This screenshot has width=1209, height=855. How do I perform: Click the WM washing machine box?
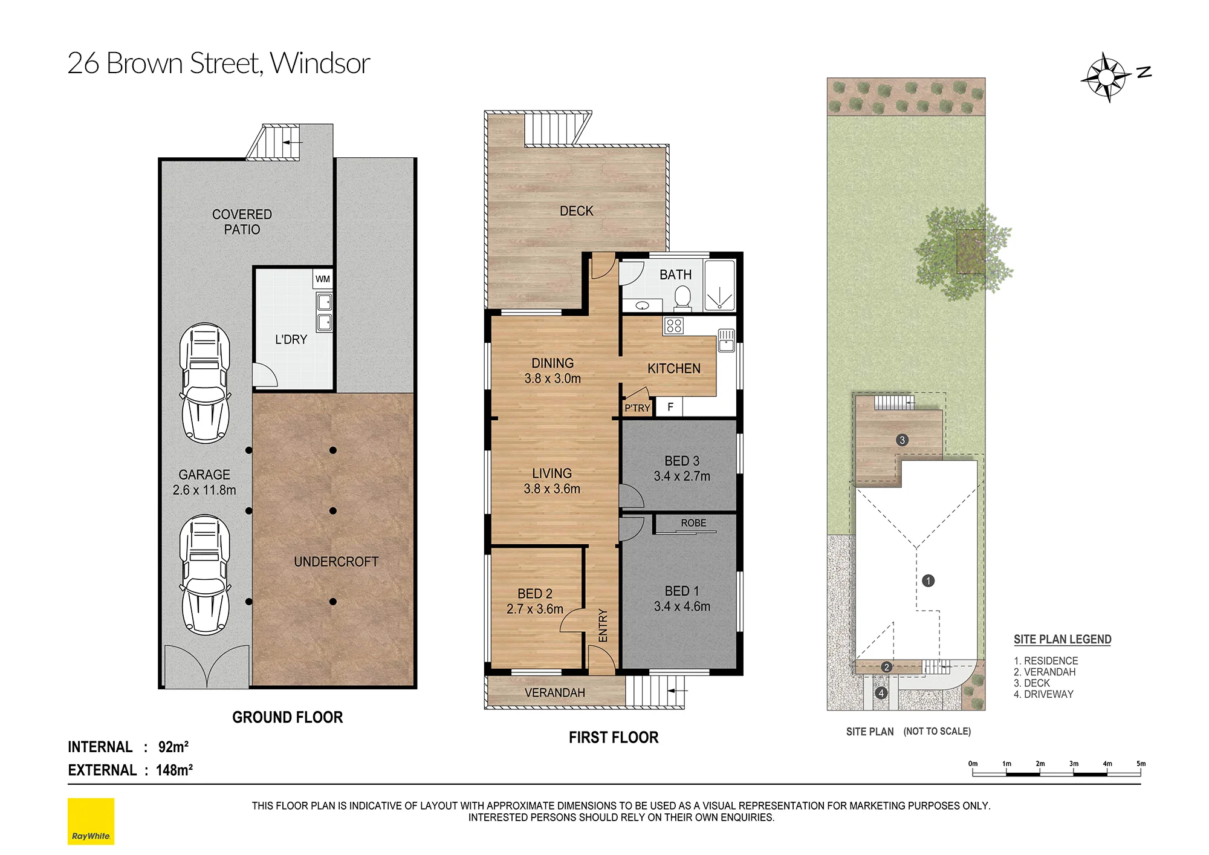(x=323, y=279)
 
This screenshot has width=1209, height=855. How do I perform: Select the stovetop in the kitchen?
(x=673, y=326)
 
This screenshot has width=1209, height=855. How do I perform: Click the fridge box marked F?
(x=670, y=407)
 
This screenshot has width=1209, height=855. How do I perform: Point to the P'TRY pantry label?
(x=637, y=408)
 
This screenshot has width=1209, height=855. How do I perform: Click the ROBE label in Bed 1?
(x=693, y=523)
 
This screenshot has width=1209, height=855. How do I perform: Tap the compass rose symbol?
(x=1106, y=77)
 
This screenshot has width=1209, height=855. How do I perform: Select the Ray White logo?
(x=91, y=821)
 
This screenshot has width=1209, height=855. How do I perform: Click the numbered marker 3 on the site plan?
(x=903, y=440)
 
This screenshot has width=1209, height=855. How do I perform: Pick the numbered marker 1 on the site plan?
(x=929, y=581)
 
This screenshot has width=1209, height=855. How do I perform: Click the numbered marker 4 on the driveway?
(x=881, y=693)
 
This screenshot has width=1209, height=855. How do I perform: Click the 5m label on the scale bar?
(x=1141, y=764)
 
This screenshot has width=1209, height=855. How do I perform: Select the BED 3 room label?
(x=682, y=461)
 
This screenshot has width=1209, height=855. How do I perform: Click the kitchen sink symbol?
(x=726, y=340)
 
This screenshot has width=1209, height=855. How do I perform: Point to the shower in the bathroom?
(x=719, y=285)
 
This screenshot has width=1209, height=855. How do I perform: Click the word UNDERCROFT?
(x=336, y=562)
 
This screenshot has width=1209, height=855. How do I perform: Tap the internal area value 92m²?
(x=173, y=747)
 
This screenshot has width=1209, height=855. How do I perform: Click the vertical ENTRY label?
(x=603, y=625)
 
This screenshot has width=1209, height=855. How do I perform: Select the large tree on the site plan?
(x=964, y=253)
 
